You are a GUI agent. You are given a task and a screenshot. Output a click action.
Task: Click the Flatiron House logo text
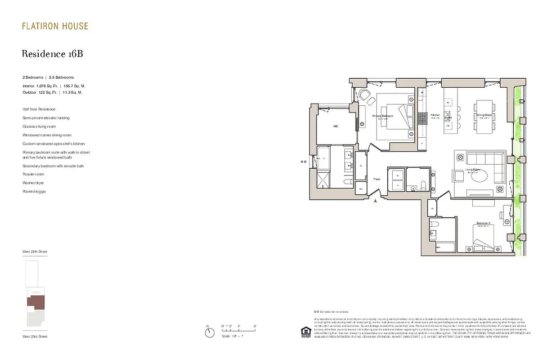55,26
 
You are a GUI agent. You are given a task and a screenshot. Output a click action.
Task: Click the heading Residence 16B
52,54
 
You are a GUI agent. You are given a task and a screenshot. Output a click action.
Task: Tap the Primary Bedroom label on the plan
383,116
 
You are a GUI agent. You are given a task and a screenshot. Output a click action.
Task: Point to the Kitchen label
435,115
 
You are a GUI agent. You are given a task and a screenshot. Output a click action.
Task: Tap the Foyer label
377,179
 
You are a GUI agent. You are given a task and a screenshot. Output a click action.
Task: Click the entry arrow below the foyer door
376,201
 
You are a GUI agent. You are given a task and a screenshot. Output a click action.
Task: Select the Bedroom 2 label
484,224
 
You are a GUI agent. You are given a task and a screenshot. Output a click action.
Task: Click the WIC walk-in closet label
336,126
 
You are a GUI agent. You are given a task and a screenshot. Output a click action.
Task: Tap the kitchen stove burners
422,118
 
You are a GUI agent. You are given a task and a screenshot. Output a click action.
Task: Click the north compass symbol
209,333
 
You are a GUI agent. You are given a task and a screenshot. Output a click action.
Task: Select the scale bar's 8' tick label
255,326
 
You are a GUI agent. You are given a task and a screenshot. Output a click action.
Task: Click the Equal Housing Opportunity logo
306,332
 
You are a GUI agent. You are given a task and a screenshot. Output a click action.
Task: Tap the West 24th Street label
35,252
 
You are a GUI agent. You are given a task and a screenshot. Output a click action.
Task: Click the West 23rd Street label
35,337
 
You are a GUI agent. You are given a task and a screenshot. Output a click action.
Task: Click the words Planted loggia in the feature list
34,192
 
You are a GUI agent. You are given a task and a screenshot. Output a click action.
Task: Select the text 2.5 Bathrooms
62,77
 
